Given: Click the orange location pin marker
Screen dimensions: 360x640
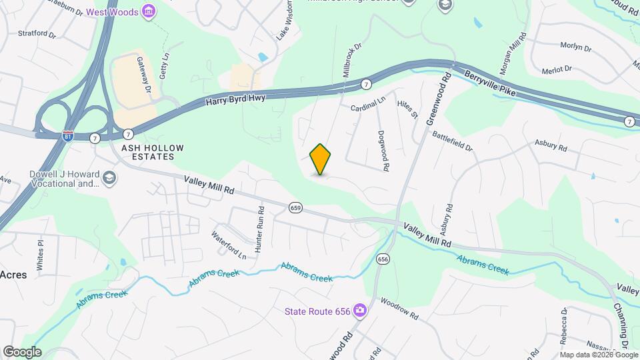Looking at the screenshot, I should coord(321,159).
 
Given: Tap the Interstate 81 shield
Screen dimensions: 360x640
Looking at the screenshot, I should coord(68,135).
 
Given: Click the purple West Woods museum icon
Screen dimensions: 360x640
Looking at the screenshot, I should coord(149,12).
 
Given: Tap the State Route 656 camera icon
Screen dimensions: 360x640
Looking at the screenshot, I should coord(360,311).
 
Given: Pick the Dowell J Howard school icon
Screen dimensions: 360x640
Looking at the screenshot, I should coord(109,178).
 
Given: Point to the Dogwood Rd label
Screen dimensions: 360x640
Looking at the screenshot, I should coord(383,151).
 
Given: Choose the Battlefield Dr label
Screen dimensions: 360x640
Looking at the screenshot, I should coord(452,141).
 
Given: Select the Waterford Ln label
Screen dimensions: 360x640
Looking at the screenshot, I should coord(229,245).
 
